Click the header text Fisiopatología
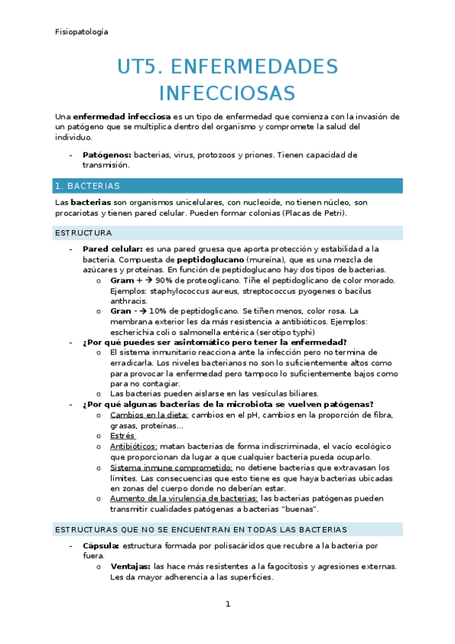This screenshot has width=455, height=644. point(81,32)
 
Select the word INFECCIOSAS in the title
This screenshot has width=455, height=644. point(227,93)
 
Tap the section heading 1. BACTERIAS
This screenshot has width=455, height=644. point(87,186)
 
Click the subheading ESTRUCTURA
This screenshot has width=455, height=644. point(84,232)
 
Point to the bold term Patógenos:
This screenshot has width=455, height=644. point(106,155)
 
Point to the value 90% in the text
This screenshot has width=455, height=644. point(164,280)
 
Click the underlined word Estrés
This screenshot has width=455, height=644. point(122,436)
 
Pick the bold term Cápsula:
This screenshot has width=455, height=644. point(101,545)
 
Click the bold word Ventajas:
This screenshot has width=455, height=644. point(130,567)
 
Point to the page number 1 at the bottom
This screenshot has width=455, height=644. point(227,605)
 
